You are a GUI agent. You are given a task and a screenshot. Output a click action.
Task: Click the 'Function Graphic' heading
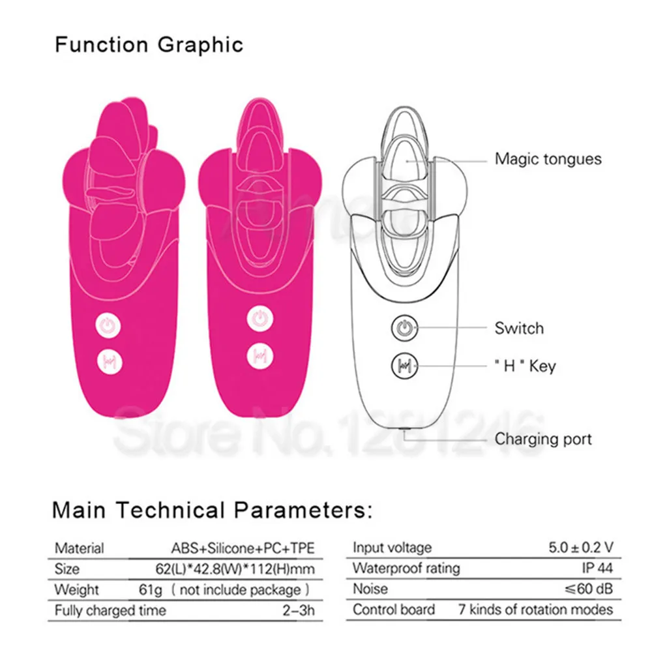tap(149, 45)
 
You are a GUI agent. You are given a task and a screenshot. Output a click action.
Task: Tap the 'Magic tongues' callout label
tap(548, 158)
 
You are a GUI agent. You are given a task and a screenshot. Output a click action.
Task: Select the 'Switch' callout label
tap(519, 328)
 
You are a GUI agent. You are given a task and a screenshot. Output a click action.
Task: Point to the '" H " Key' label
tap(525, 366)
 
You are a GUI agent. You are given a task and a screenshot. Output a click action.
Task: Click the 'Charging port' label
tap(543, 439)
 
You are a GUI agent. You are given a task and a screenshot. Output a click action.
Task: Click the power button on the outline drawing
tap(403, 328)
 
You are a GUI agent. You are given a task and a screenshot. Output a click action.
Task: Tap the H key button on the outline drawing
tap(403, 365)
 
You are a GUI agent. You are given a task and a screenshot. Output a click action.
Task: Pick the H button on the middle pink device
tap(259, 357)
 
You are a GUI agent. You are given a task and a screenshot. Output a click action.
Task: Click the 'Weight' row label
tap(76, 590)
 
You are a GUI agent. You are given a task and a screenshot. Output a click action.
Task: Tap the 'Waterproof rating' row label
tap(406, 568)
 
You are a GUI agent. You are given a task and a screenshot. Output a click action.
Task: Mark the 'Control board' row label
tap(394, 610)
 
